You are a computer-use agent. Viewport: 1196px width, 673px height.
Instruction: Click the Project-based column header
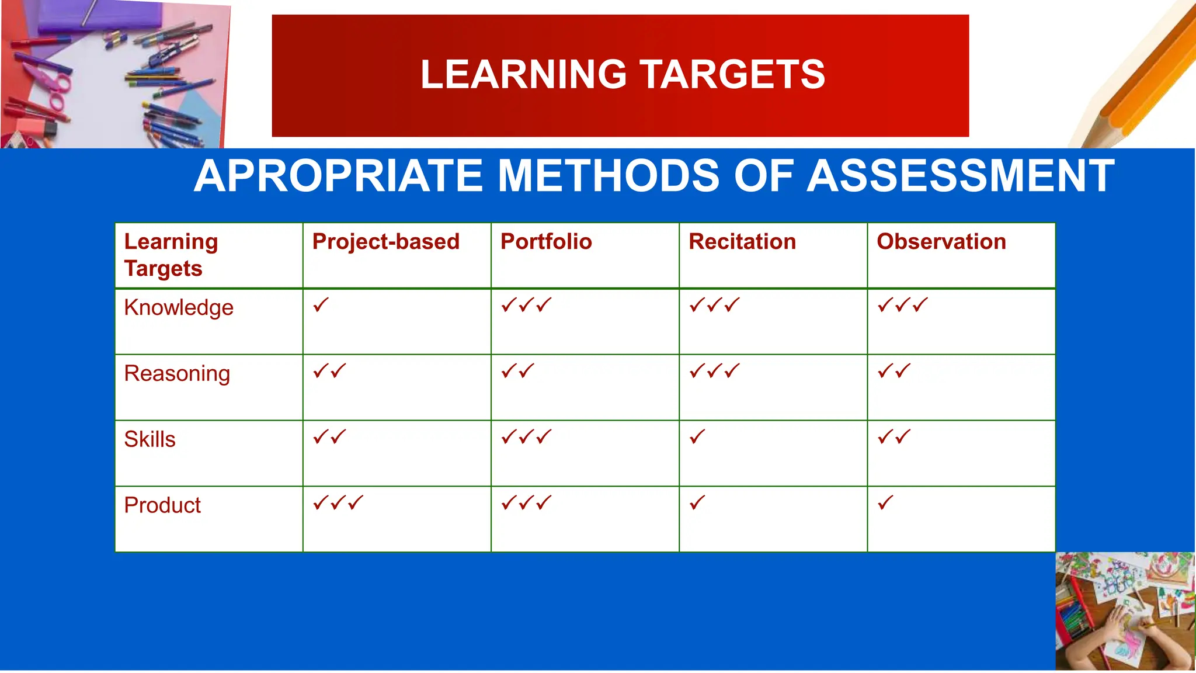[386, 242]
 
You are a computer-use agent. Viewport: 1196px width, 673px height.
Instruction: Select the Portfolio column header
[546, 242]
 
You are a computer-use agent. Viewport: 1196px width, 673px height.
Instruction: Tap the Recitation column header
[742, 242]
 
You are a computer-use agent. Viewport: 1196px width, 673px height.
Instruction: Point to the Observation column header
[941, 242]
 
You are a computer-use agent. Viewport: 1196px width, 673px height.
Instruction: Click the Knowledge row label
[179, 308]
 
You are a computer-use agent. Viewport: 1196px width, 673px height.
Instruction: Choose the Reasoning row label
[177, 374]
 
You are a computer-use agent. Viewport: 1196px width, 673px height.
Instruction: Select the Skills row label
[149, 439]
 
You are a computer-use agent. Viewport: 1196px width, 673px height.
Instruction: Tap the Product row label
[162, 505]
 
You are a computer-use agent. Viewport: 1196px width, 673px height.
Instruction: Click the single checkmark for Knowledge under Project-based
[321, 305]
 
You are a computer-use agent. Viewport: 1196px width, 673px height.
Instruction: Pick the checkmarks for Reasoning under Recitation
[715, 371]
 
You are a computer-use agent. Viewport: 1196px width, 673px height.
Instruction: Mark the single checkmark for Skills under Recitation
[697, 437]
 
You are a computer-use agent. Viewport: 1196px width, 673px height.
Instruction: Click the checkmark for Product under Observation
[885, 503]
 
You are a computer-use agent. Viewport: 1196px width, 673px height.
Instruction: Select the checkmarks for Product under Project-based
[338, 503]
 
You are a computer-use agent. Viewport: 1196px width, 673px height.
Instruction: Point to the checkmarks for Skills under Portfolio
[526, 437]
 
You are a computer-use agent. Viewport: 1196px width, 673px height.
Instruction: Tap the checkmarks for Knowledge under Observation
[902, 305]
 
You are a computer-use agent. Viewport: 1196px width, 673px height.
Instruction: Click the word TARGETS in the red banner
[733, 75]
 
